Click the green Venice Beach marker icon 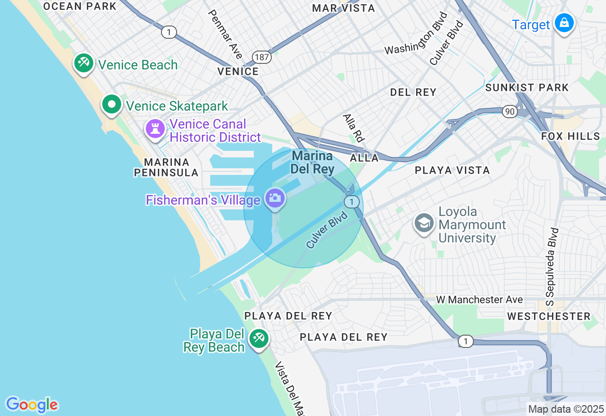(84, 63)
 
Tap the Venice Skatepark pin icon (112, 104)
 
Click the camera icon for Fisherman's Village (275, 198)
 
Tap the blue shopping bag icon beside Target (564, 23)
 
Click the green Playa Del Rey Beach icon (258, 338)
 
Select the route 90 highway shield (509, 111)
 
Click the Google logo (32, 405)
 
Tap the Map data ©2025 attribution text (566, 409)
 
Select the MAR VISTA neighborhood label (344, 8)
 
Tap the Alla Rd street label (354, 128)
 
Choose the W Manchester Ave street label (479, 300)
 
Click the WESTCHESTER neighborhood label (549, 316)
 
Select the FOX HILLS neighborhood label (570, 136)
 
